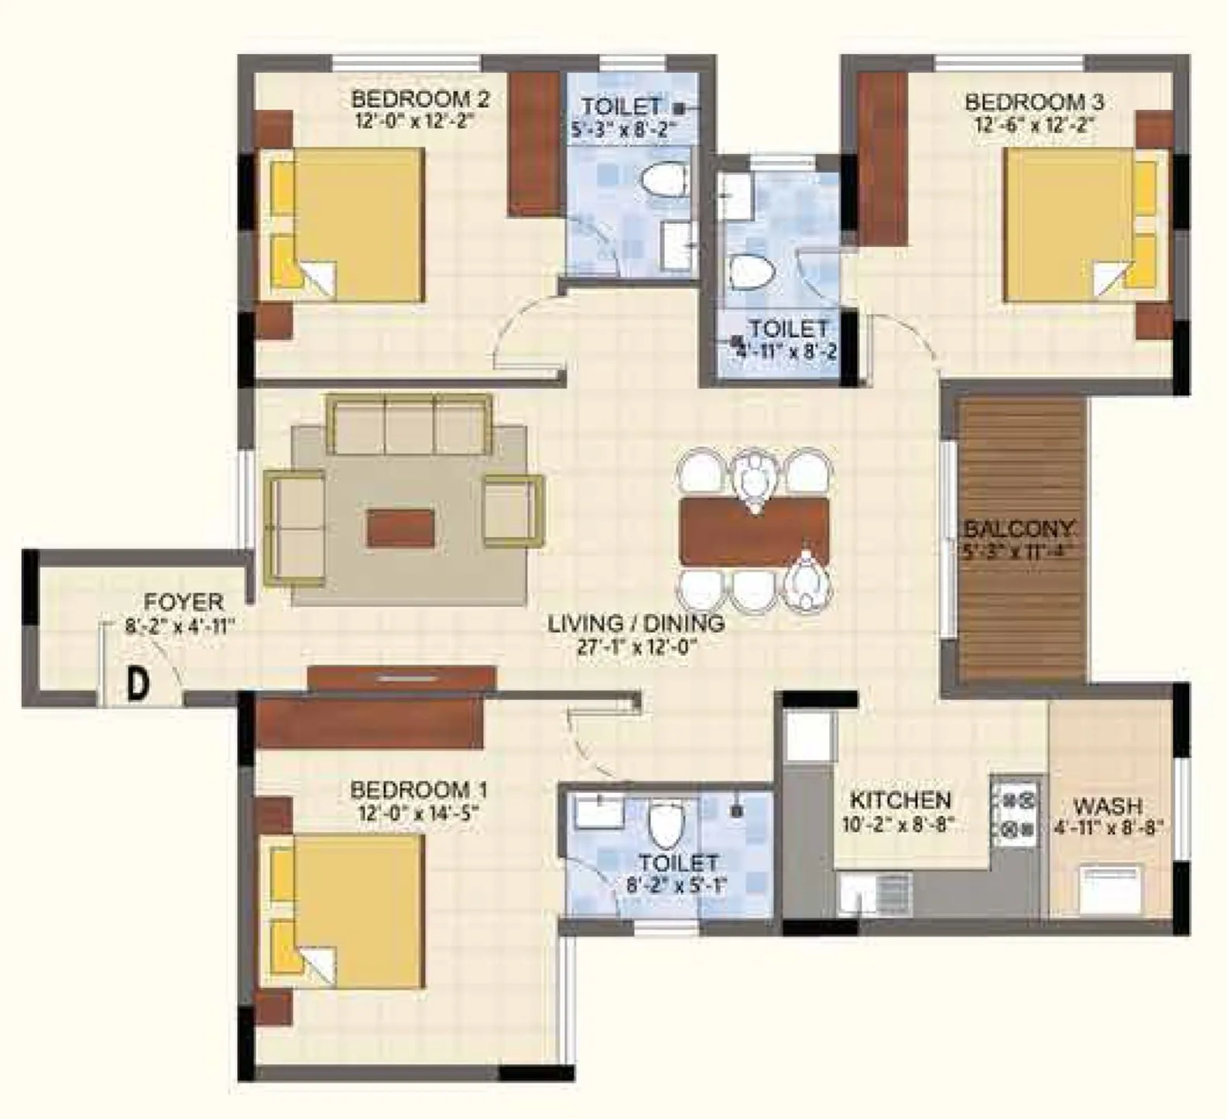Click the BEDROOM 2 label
pos(420,99)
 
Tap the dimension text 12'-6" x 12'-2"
pos(1033,125)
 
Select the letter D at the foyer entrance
pos(138,685)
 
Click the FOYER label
pos(184,602)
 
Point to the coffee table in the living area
pos(400,528)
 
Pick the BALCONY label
pos(1019,530)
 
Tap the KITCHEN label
pos(900,800)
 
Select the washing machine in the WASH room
pos(1111,891)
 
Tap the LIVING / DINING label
pos(636,623)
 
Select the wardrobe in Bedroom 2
pos(535,144)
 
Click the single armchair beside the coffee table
pos(512,511)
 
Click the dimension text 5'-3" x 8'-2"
pos(620,129)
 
